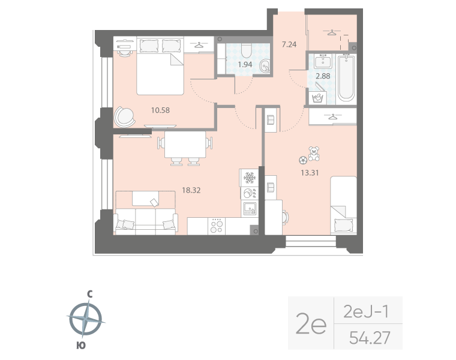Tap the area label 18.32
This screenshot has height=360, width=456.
click(190, 190)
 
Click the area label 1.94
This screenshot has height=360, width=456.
click(245, 64)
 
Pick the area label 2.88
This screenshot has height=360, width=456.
click(323, 76)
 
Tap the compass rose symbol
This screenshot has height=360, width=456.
click(86, 319)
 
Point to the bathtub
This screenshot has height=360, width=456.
click(347, 78)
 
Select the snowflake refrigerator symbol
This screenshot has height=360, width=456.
click(248, 178)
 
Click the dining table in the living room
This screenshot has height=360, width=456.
click(184, 144)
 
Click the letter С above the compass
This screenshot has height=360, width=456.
click(89, 294)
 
